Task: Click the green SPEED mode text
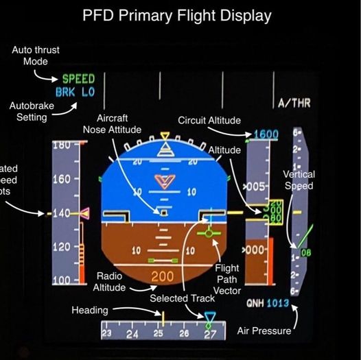tap(78, 79)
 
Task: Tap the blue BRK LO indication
tap(75, 93)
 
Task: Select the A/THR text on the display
tap(294, 104)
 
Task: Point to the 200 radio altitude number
tap(162, 276)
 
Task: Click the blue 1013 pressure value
tap(277, 303)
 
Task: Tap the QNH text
tap(255, 303)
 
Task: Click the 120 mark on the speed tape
tap(62, 246)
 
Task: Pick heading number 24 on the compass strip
tap(132, 334)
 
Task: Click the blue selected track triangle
tap(210, 317)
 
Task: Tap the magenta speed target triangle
tap(84, 214)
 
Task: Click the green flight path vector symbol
tap(209, 234)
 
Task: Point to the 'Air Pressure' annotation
tap(264, 331)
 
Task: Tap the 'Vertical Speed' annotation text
tap(299, 180)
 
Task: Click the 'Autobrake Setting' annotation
tap(27, 111)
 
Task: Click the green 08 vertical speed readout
tap(305, 252)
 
